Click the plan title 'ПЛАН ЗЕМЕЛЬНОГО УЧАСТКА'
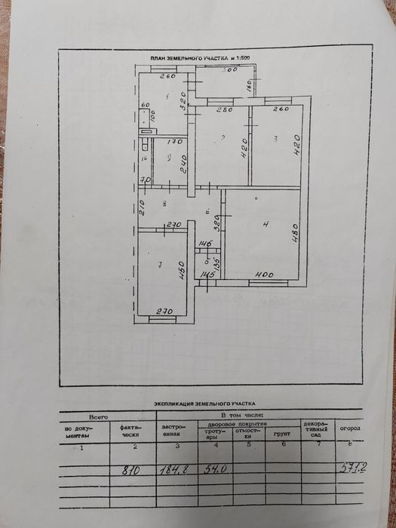click(x=192, y=58)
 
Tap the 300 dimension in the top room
click(x=229, y=70)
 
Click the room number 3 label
click(x=276, y=139)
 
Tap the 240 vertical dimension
click(x=184, y=164)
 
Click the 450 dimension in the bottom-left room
click(x=181, y=269)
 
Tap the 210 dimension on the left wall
click(x=141, y=206)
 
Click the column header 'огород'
click(x=350, y=428)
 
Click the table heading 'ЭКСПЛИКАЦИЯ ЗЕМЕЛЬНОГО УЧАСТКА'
click(x=205, y=404)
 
